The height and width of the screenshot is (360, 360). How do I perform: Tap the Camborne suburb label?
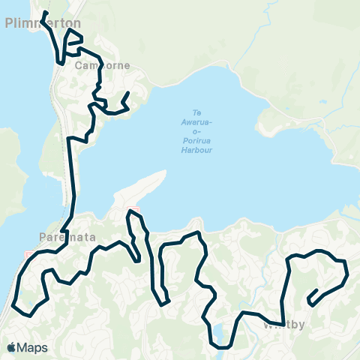pos(103,65)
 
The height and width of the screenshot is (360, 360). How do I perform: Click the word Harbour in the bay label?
pos(198,150)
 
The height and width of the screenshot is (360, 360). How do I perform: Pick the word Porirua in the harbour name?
pos(198,140)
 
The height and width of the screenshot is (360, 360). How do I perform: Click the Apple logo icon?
pos(12,347)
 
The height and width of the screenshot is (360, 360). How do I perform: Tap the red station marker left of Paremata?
pos(29,254)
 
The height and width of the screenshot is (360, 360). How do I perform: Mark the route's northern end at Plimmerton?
pos(45,13)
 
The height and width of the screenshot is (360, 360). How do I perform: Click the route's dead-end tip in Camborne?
pos(129,92)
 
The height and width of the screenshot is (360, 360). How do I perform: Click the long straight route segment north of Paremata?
pos(73,180)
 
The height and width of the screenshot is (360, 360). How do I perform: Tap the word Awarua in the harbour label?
pos(198,122)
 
